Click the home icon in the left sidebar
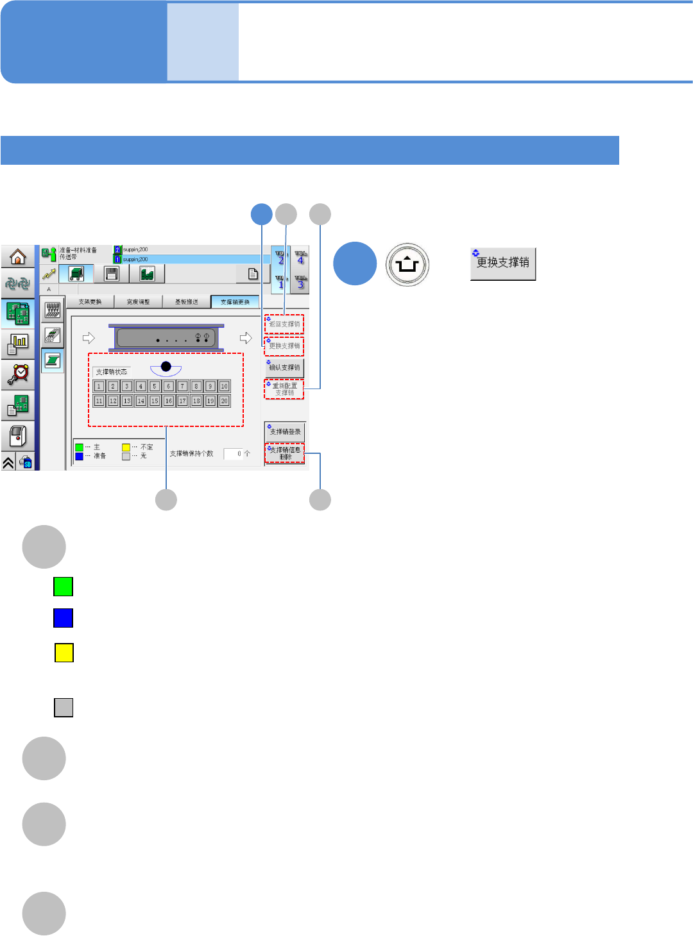pyautogui.click(x=17, y=257)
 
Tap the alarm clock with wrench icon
pyautogui.click(x=17, y=374)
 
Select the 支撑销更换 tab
pyautogui.click(x=235, y=302)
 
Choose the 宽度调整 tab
pyautogui.click(x=138, y=302)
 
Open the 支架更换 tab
pyautogui.click(x=90, y=302)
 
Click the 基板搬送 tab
pyautogui.click(x=187, y=302)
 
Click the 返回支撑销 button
pyautogui.click(x=284, y=324)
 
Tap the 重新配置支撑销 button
pyautogui.click(x=284, y=389)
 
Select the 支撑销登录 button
pyautogui.click(x=284, y=431)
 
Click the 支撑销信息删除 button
pyautogui.click(x=284, y=453)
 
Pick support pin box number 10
pyautogui.click(x=224, y=386)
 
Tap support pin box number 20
pyautogui.click(x=224, y=401)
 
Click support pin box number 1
pyautogui.click(x=99, y=386)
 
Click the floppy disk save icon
pyautogui.click(x=112, y=274)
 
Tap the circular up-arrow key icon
pyautogui.click(x=407, y=264)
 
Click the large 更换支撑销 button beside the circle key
pyautogui.click(x=503, y=264)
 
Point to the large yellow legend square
pyautogui.click(x=64, y=653)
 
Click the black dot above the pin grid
pyautogui.click(x=166, y=367)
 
